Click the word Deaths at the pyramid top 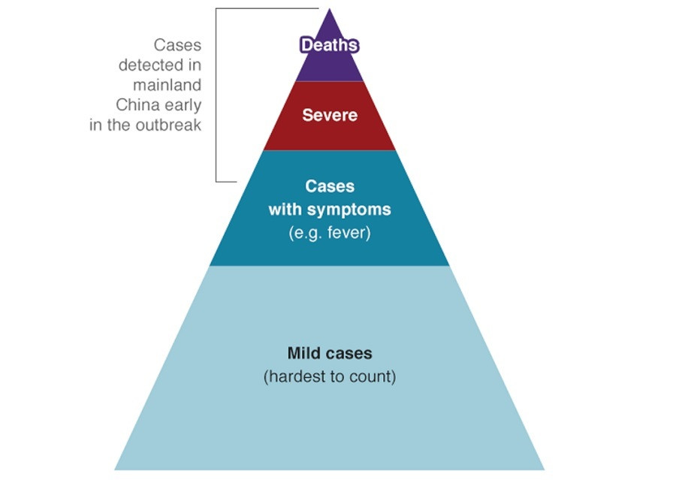click(329, 45)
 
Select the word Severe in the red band click(329, 116)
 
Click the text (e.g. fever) click(329, 233)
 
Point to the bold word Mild click(303, 352)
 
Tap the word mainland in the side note click(167, 85)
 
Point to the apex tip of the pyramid click(329, 10)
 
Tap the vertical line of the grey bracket click(216, 95)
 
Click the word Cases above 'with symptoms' click(329, 186)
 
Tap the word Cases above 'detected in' click(177, 45)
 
